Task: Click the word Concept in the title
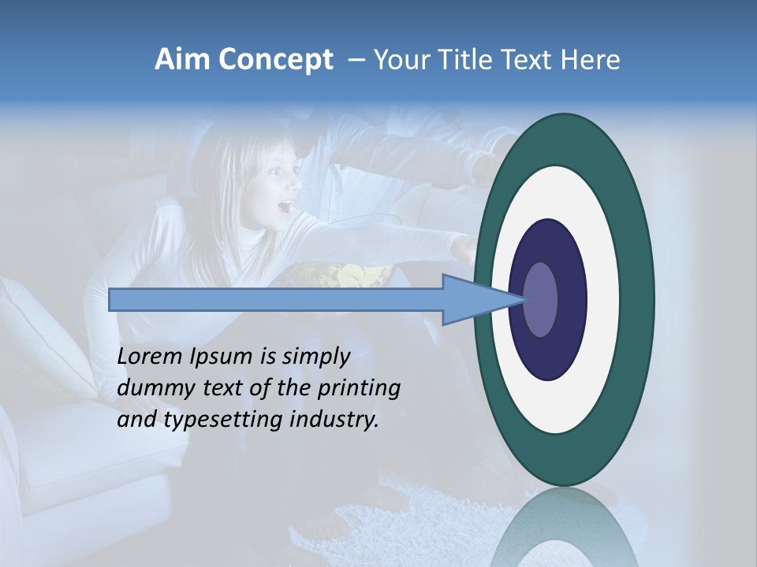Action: tap(275, 60)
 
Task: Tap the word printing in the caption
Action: tap(359, 388)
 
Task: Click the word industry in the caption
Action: tap(334, 420)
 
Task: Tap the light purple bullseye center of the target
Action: tap(540, 299)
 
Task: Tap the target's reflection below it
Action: tap(564, 532)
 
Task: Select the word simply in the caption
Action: tap(315, 357)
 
